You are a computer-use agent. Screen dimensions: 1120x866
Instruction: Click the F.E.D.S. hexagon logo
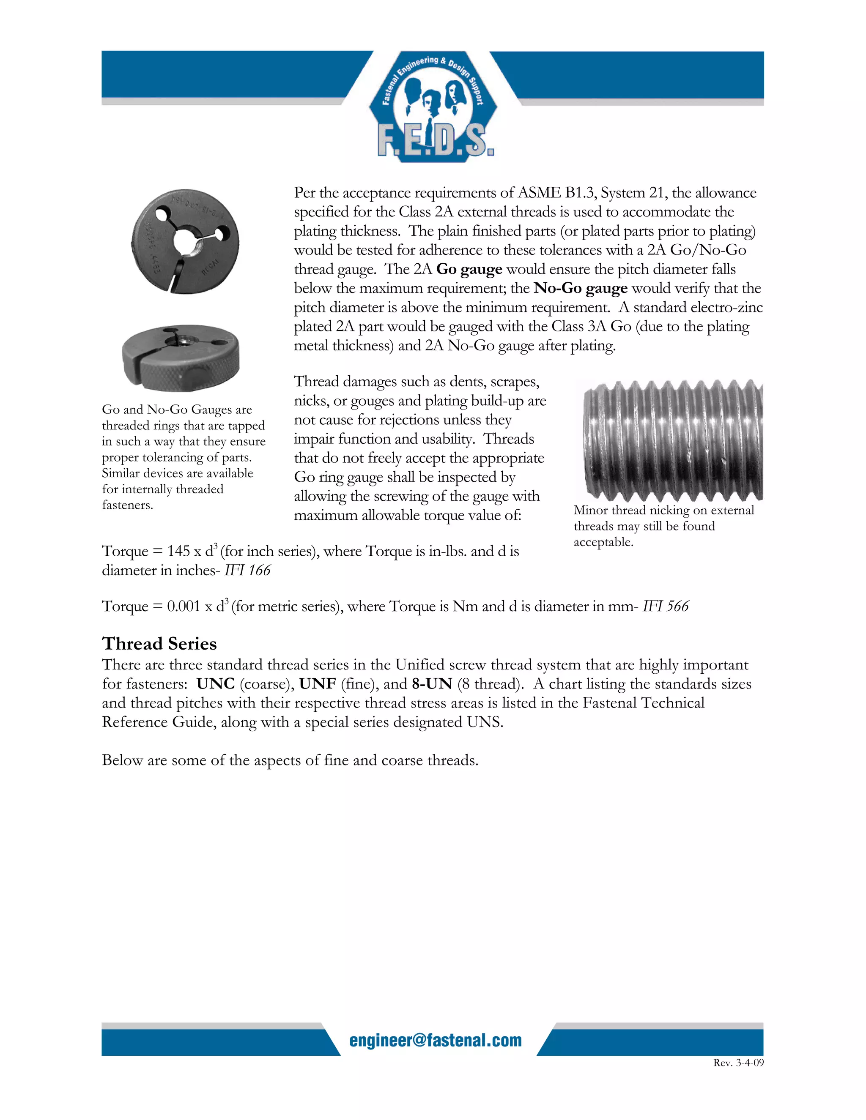pos(432,107)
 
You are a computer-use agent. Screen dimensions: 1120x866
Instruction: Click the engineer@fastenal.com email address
pos(435,1041)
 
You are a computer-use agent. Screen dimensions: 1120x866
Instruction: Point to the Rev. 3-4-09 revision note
pos(738,1063)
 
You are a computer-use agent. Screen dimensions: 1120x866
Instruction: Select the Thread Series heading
pos(159,644)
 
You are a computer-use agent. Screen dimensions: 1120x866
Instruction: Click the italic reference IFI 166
pos(247,570)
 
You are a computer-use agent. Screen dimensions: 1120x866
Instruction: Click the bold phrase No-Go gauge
pos(580,288)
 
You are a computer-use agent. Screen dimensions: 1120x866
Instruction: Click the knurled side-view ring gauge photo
pos(181,358)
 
